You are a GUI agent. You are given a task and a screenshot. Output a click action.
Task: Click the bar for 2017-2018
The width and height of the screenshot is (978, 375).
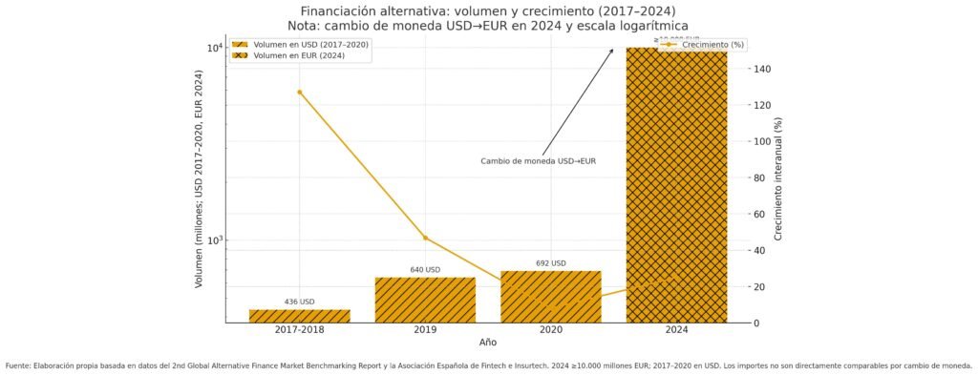click(300, 316)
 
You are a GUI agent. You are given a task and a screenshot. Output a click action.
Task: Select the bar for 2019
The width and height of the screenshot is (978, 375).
click(425, 300)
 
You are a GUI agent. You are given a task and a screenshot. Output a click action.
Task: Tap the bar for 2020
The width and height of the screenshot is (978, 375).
click(550, 297)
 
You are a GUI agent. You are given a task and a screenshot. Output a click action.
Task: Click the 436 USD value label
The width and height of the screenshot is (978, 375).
click(300, 302)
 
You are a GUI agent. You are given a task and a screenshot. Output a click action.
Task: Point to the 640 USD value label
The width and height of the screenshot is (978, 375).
click(425, 270)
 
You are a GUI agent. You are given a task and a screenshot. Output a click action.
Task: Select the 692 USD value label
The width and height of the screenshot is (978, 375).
click(550, 263)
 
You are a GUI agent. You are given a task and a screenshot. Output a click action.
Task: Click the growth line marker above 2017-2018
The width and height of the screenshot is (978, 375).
click(300, 93)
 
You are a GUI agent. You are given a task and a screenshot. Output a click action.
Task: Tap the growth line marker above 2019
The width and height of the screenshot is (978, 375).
click(425, 238)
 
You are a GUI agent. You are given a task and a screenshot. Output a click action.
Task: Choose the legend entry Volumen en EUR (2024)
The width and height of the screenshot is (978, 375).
click(300, 56)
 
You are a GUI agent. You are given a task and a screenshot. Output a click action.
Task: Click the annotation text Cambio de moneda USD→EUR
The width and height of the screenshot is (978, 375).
click(538, 161)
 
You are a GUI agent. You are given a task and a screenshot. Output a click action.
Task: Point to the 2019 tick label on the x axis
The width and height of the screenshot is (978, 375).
click(425, 330)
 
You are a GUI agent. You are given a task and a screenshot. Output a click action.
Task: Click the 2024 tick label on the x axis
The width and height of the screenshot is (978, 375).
click(676, 330)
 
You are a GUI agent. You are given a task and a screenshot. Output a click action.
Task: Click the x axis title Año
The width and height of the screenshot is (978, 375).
click(488, 342)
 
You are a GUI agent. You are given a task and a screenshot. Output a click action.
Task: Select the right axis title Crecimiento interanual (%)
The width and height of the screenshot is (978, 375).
click(778, 185)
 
